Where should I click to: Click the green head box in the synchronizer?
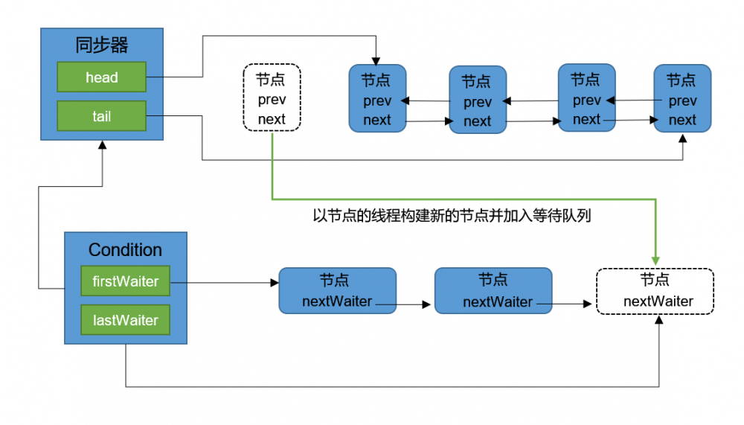click(x=101, y=77)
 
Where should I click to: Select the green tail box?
click(x=101, y=116)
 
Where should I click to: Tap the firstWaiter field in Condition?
click(x=125, y=282)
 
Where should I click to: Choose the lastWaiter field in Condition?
click(x=125, y=320)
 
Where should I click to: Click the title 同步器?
click(x=101, y=45)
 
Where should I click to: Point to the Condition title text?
click(x=125, y=250)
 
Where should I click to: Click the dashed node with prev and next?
click(x=272, y=98)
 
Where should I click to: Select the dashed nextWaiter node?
click(x=655, y=291)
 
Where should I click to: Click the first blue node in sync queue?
click(x=377, y=99)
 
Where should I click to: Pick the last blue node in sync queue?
click(x=682, y=99)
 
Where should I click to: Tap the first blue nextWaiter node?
click(x=337, y=291)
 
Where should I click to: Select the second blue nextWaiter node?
click(x=493, y=291)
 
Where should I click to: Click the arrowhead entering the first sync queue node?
click(x=377, y=60)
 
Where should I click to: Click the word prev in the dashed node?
click(x=272, y=99)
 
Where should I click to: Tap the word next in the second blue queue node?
click(x=477, y=121)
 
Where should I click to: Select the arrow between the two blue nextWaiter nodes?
click(x=414, y=304)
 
